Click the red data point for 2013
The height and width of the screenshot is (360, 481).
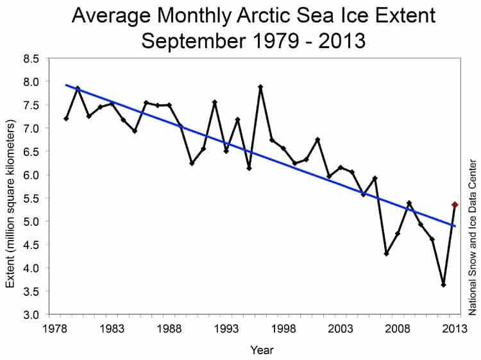[x=455, y=205]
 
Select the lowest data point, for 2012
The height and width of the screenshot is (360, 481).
[x=443, y=284]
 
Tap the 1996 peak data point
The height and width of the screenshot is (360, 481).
[x=261, y=87]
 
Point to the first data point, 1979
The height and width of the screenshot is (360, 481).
[x=66, y=119]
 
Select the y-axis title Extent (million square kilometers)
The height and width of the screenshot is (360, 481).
[x=11, y=186]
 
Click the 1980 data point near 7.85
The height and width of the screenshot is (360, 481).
[x=78, y=89]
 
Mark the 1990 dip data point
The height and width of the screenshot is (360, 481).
[x=192, y=163]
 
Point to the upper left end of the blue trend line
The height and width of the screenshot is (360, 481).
[x=66, y=85]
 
